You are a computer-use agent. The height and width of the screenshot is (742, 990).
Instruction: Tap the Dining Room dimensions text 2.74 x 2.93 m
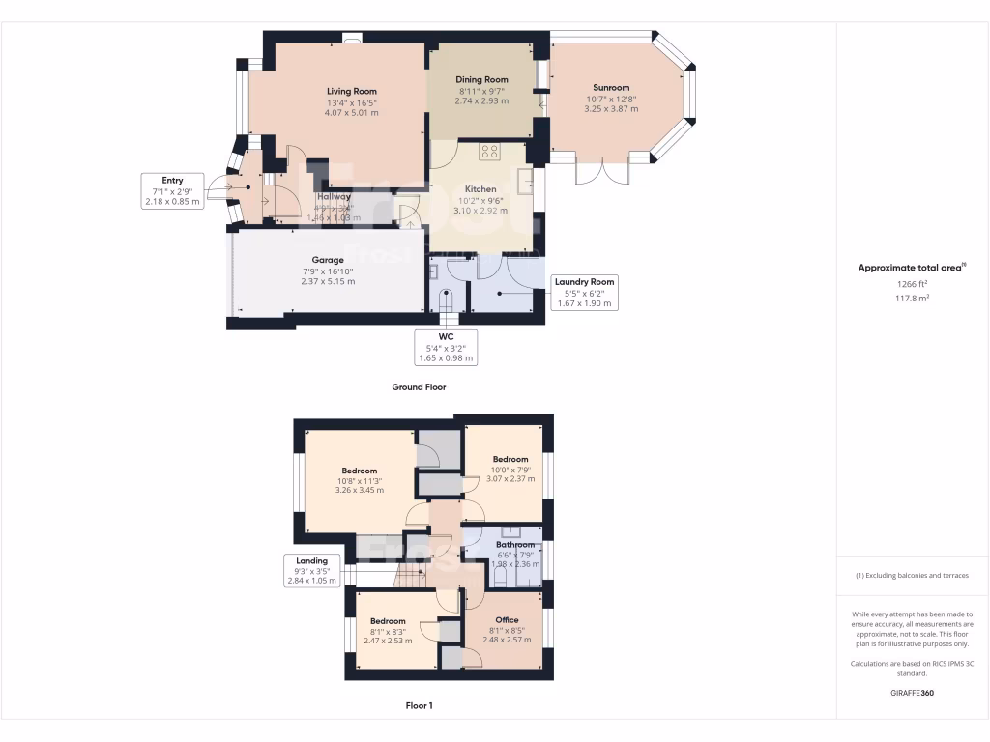pyautogui.click(x=481, y=100)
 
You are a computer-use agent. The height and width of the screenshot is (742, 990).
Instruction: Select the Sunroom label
pyautogui.click(x=611, y=87)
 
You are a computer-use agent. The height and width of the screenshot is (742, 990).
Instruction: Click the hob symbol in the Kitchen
pyautogui.click(x=489, y=151)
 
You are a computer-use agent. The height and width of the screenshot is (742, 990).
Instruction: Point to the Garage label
pyautogui.click(x=328, y=260)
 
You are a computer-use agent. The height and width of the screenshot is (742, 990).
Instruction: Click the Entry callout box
pyautogui.click(x=172, y=191)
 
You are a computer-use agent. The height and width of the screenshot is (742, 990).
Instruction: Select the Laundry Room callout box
pyautogui.click(x=584, y=292)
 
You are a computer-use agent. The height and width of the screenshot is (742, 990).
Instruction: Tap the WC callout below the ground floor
pyautogui.click(x=446, y=348)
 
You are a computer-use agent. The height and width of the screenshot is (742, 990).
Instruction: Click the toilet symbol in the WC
pyautogui.click(x=446, y=299)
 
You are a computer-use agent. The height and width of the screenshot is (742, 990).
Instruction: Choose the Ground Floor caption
pyautogui.click(x=419, y=386)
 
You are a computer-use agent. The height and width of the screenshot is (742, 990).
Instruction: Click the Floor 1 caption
pyautogui.click(x=419, y=706)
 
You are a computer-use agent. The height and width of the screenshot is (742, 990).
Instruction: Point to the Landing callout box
pyautogui.click(x=311, y=570)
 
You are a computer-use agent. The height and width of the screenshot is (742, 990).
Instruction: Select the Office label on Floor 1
pyautogui.click(x=507, y=620)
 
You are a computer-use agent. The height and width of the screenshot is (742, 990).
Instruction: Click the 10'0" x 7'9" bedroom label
pyautogui.click(x=510, y=459)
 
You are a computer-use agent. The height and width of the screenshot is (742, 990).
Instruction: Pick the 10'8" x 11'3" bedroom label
pyautogui.click(x=358, y=471)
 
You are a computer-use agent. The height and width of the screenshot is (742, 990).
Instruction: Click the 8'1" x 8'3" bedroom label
pyautogui.click(x=387, y=621)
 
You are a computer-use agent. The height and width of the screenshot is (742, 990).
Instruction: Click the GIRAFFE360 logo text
pyautogui.click(x=912, y=693)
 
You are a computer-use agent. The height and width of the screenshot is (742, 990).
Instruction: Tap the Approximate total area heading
pyautogui.click(x=912, y=268)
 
